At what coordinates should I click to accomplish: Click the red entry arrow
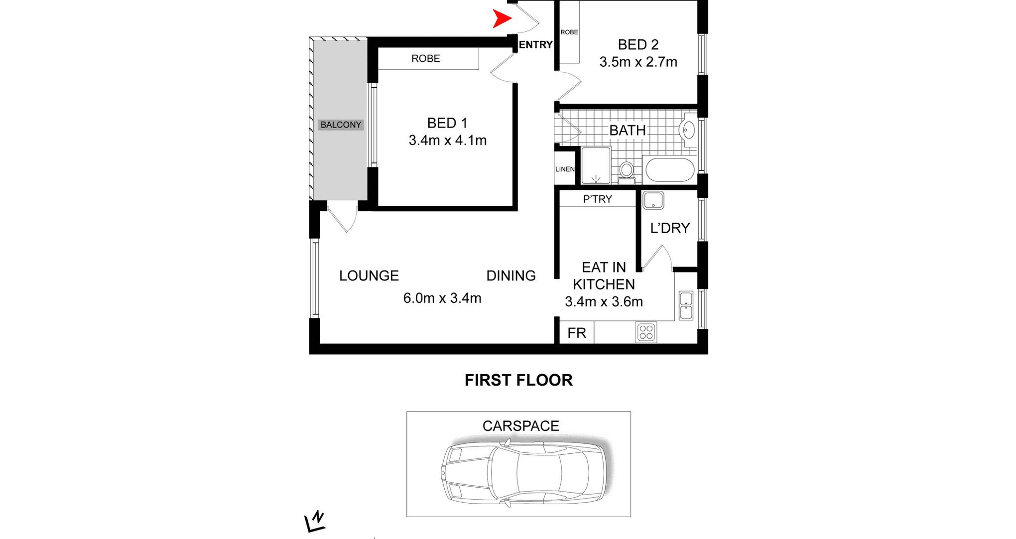pos(502,19)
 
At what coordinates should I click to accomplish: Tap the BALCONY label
pos(341,125)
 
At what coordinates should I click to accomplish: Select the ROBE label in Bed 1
pos(426,59)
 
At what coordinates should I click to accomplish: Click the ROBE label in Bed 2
pos(569,32)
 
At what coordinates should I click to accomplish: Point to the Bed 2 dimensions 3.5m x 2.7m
pos(638,62)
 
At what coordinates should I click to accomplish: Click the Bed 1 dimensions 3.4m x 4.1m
pos(448,140)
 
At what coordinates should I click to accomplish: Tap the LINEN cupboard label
pos(565,169)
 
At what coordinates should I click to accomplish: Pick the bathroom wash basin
pos(687,130)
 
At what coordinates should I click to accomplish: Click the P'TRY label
pos(598,199)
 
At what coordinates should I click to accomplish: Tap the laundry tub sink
pos(653,200)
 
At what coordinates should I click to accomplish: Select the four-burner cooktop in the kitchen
pos(646,332)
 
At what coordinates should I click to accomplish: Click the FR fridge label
pos(577,333)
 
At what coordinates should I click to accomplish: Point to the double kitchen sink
pos(686,305)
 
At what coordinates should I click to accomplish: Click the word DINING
pos(511,276)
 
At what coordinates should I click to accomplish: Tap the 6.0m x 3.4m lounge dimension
pos(442,298)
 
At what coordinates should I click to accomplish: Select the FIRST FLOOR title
pos(518,380)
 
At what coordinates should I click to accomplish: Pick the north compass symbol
pos(315,522)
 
